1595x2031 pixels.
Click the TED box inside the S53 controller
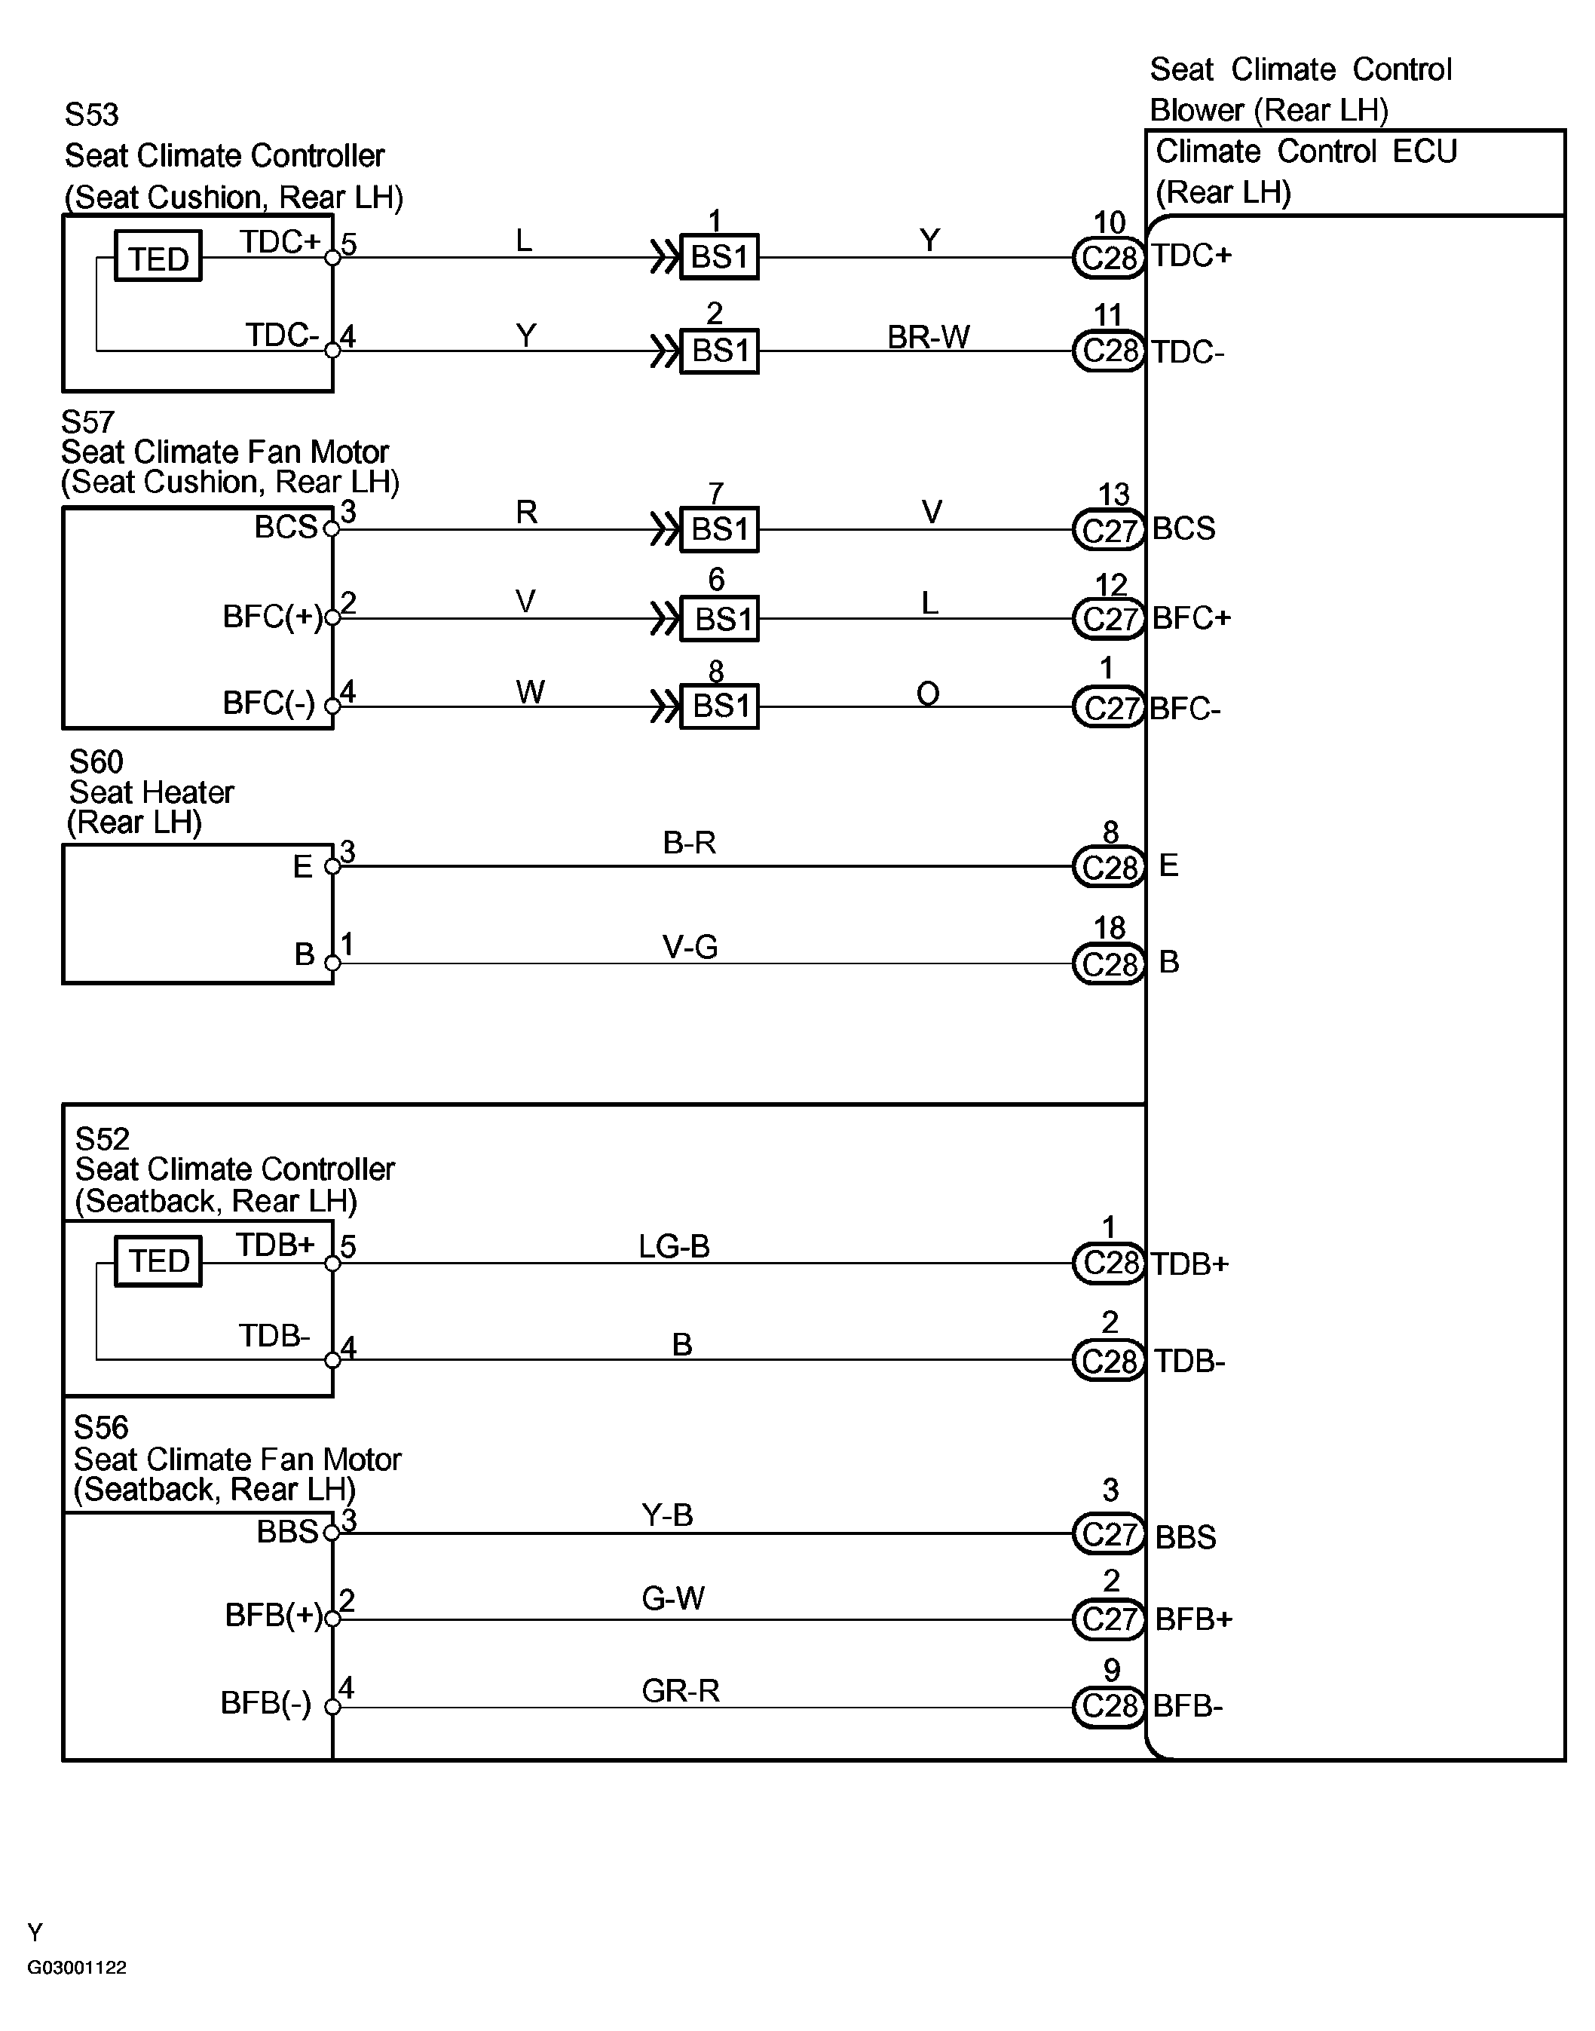158,258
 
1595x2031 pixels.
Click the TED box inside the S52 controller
158,1261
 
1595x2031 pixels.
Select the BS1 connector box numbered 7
719,529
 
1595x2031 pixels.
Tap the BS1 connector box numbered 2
719,351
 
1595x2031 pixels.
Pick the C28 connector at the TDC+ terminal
1109,258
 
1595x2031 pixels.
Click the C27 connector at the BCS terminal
1109,531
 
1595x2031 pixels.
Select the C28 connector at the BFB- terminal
1109,1706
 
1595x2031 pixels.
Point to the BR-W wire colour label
928,336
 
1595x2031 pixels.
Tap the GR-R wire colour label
680,1690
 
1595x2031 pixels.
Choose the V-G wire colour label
690,947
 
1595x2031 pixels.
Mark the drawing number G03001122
77,1968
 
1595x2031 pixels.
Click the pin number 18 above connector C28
1110,927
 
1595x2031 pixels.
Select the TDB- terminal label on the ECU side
1189,1362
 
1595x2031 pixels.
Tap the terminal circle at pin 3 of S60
332,866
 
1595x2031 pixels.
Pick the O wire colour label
928,693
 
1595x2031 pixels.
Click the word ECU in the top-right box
1424,152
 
